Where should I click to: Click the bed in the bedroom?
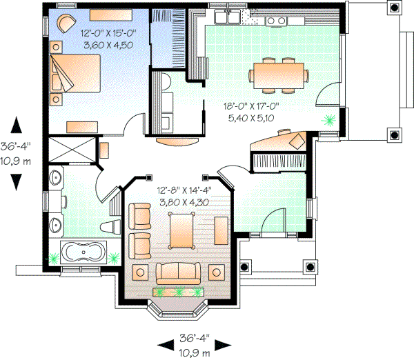[x=76, y=75]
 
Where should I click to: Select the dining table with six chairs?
[x=282, y=74]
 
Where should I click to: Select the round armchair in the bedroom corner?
[x=64, y=22]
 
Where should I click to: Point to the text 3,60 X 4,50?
[x=107, y=45]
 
